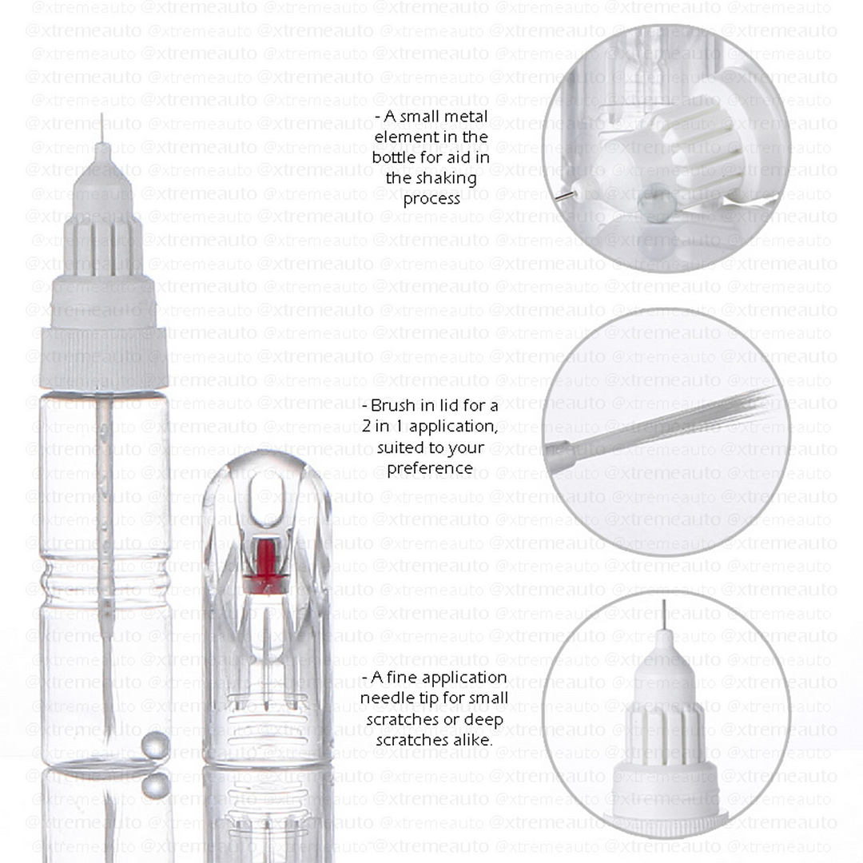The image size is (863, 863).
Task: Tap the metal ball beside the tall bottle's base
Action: (155, 745)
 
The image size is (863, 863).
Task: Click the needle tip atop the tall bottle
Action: (101, 128)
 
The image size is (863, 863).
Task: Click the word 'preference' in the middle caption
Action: (430, 467)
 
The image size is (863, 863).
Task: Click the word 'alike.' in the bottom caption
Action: (471, 740)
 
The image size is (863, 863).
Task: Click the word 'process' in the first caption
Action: (431, 198)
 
